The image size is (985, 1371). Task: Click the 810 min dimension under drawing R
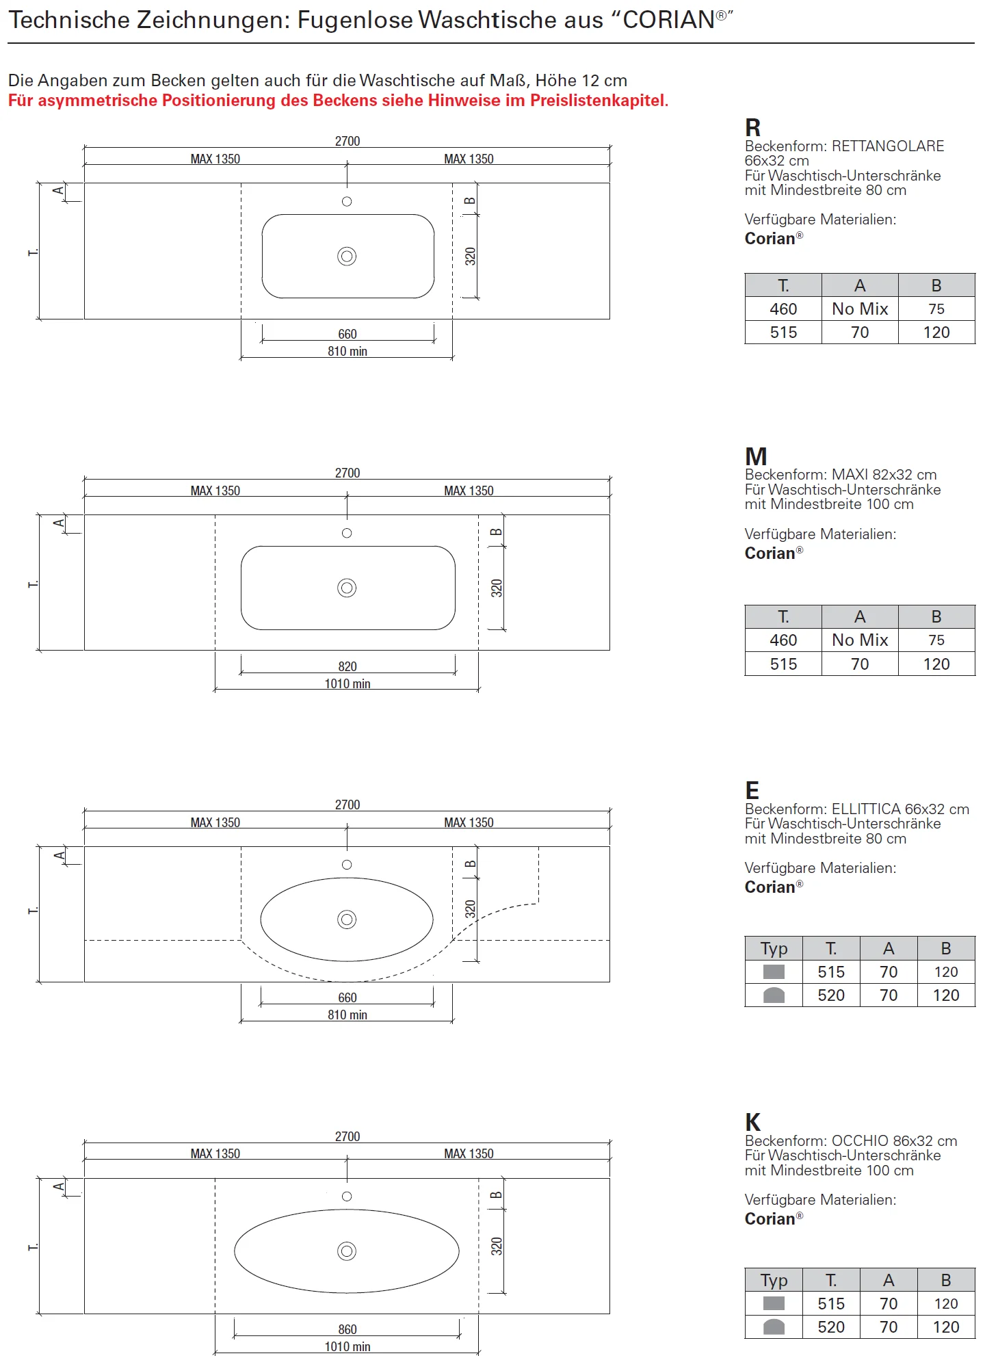point(347,352)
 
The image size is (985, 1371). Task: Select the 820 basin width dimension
point(347,666)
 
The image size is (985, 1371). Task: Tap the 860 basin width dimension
point(347,1329)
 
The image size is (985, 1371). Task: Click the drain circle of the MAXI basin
point(347,588)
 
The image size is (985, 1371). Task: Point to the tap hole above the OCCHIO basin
point(347,1197)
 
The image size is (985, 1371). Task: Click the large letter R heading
point(752,128)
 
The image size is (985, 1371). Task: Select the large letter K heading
point(752,1123)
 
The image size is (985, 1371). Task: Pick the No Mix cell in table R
point(860,309)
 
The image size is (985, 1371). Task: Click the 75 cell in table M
point(936,640)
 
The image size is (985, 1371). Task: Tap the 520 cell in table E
point(831,995)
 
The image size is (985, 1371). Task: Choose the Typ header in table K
point(774,1280)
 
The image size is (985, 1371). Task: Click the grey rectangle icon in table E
point(774,971)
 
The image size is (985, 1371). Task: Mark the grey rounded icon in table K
point(774,1327)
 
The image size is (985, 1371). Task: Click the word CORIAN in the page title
point(668,21)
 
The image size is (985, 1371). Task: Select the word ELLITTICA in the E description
point(865,809)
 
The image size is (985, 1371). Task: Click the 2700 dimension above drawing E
point(347,805)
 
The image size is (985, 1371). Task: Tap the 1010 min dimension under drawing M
point(347,683)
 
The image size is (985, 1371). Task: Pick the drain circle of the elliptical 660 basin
point(347,919)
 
